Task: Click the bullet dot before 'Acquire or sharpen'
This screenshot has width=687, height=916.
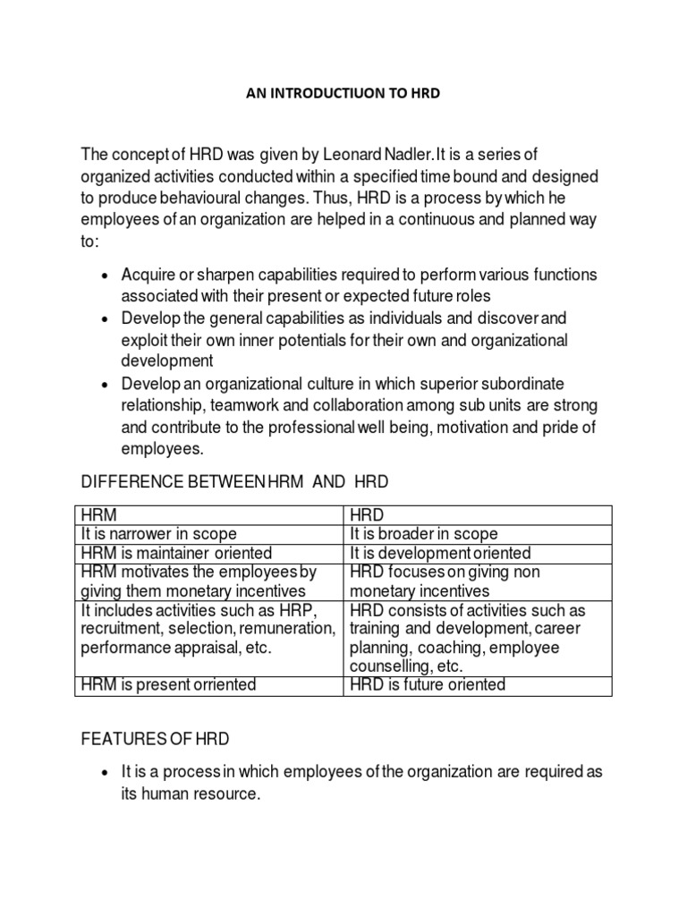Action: tap(106, 274)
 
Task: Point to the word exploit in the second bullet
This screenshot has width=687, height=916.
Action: tap(146, 340)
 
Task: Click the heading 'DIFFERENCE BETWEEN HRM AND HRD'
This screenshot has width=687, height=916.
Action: tap(236, 482)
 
